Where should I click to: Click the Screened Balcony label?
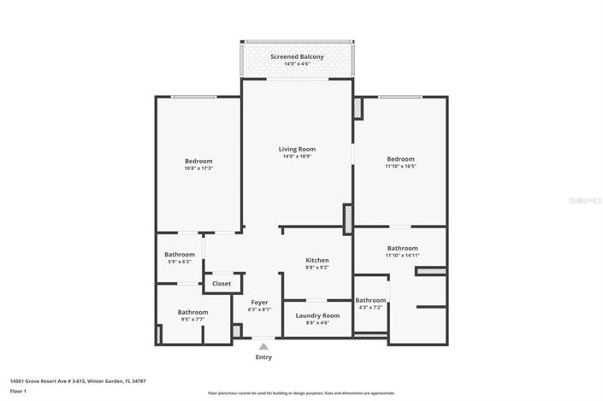pyautogui.click(x=297, y=56)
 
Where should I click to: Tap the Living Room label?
pyautogui.click(x=297, y=149)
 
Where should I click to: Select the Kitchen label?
pyautogui.click(x=317, y=260)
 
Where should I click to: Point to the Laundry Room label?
pyautogui.click(x=317, y=315)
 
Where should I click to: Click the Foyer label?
pyautogui.click(x=260, y=302)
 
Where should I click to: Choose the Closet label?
pyautogui.click(x=222, y=283)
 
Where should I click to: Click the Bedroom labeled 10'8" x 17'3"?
pyautogui.click(x=198, y=161)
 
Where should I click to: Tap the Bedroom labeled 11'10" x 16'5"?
pyautogui.click(x=400, y=159)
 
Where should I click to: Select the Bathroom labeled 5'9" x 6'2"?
pyautogui.click(x=180, y=254)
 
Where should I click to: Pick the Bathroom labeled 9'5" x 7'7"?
pyautogui.click(x=192, y=312)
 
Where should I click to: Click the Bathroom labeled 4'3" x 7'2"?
pyautogui.click(x=370, y=300)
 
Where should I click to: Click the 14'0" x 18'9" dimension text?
pyautogui.click(x=297, y=156)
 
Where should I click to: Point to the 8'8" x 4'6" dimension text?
pyautogui.click(x=317, y=323)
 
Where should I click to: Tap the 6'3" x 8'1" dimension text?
pyautogui.click(x=260, y=310)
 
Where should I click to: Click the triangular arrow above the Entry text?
pyautogui.click(x=263, y=346)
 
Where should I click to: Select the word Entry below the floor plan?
pyautogui.click(x=263, y=357)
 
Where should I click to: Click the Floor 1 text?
pyautogui.click(x=19, y=391)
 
